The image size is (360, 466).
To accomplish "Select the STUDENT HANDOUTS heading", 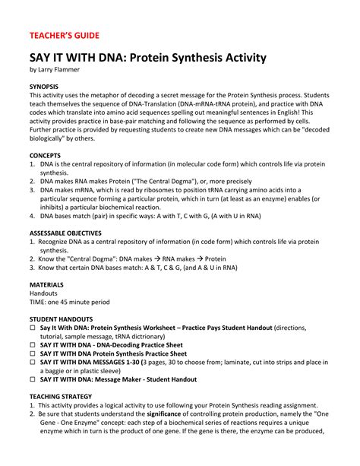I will (x=62, y=319).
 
